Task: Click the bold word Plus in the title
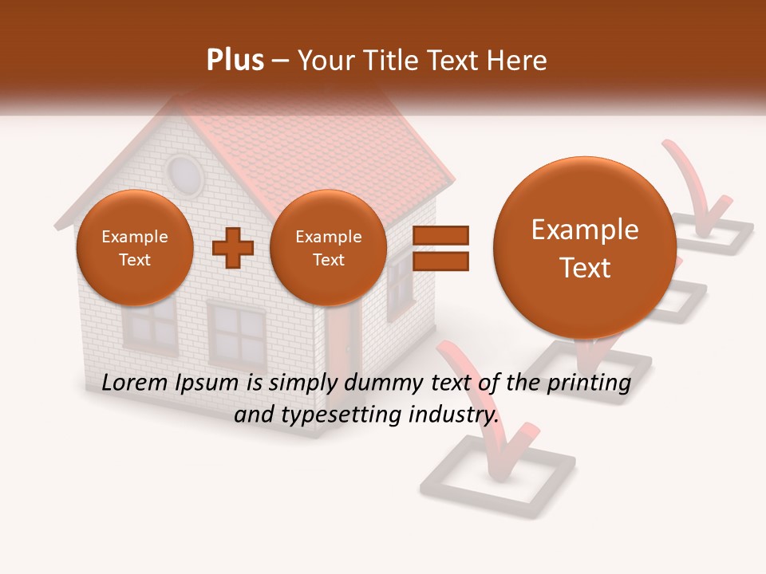pyautogui.click(x=235, y=61)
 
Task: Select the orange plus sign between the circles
pyautogui.click(x=233, y=248)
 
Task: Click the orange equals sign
pyautogui.click(x=440, y=248)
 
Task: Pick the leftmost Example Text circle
pyautogui.click(x=134, y=248)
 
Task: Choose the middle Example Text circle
pyautogui.click(x=328, y=248)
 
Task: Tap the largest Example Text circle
pyautogui.click(x=585, y=248)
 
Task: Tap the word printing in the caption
pyautogui.click(x=588, y=383)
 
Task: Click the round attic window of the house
pyautogui.click(x=184, y=174)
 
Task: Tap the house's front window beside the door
pyautogui.click(x=236, y=332)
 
